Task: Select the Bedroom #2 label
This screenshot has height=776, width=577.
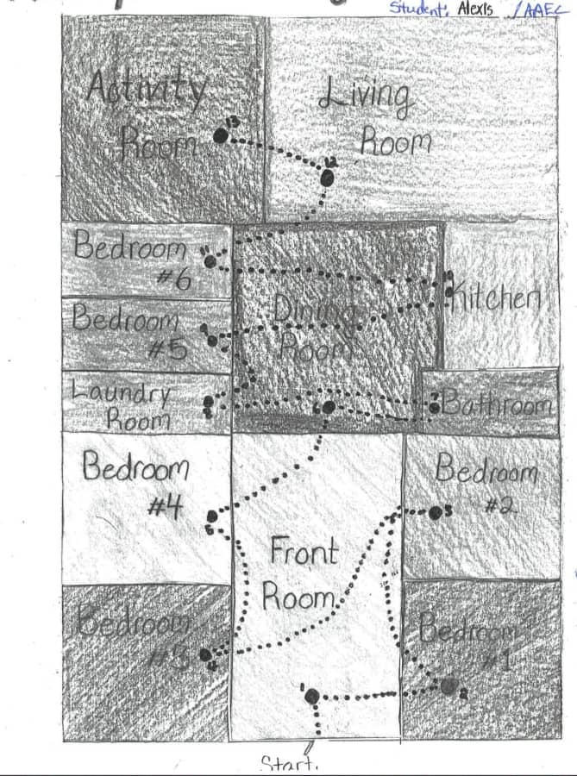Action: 486,485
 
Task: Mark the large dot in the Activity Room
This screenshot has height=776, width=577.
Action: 221,135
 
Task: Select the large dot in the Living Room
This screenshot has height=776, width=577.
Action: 327,178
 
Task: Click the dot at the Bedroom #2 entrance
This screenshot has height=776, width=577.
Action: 436,513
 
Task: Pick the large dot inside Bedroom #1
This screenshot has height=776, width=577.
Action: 448,686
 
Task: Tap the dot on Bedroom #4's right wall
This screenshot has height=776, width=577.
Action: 212,517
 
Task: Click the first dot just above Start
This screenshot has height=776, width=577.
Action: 311,696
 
